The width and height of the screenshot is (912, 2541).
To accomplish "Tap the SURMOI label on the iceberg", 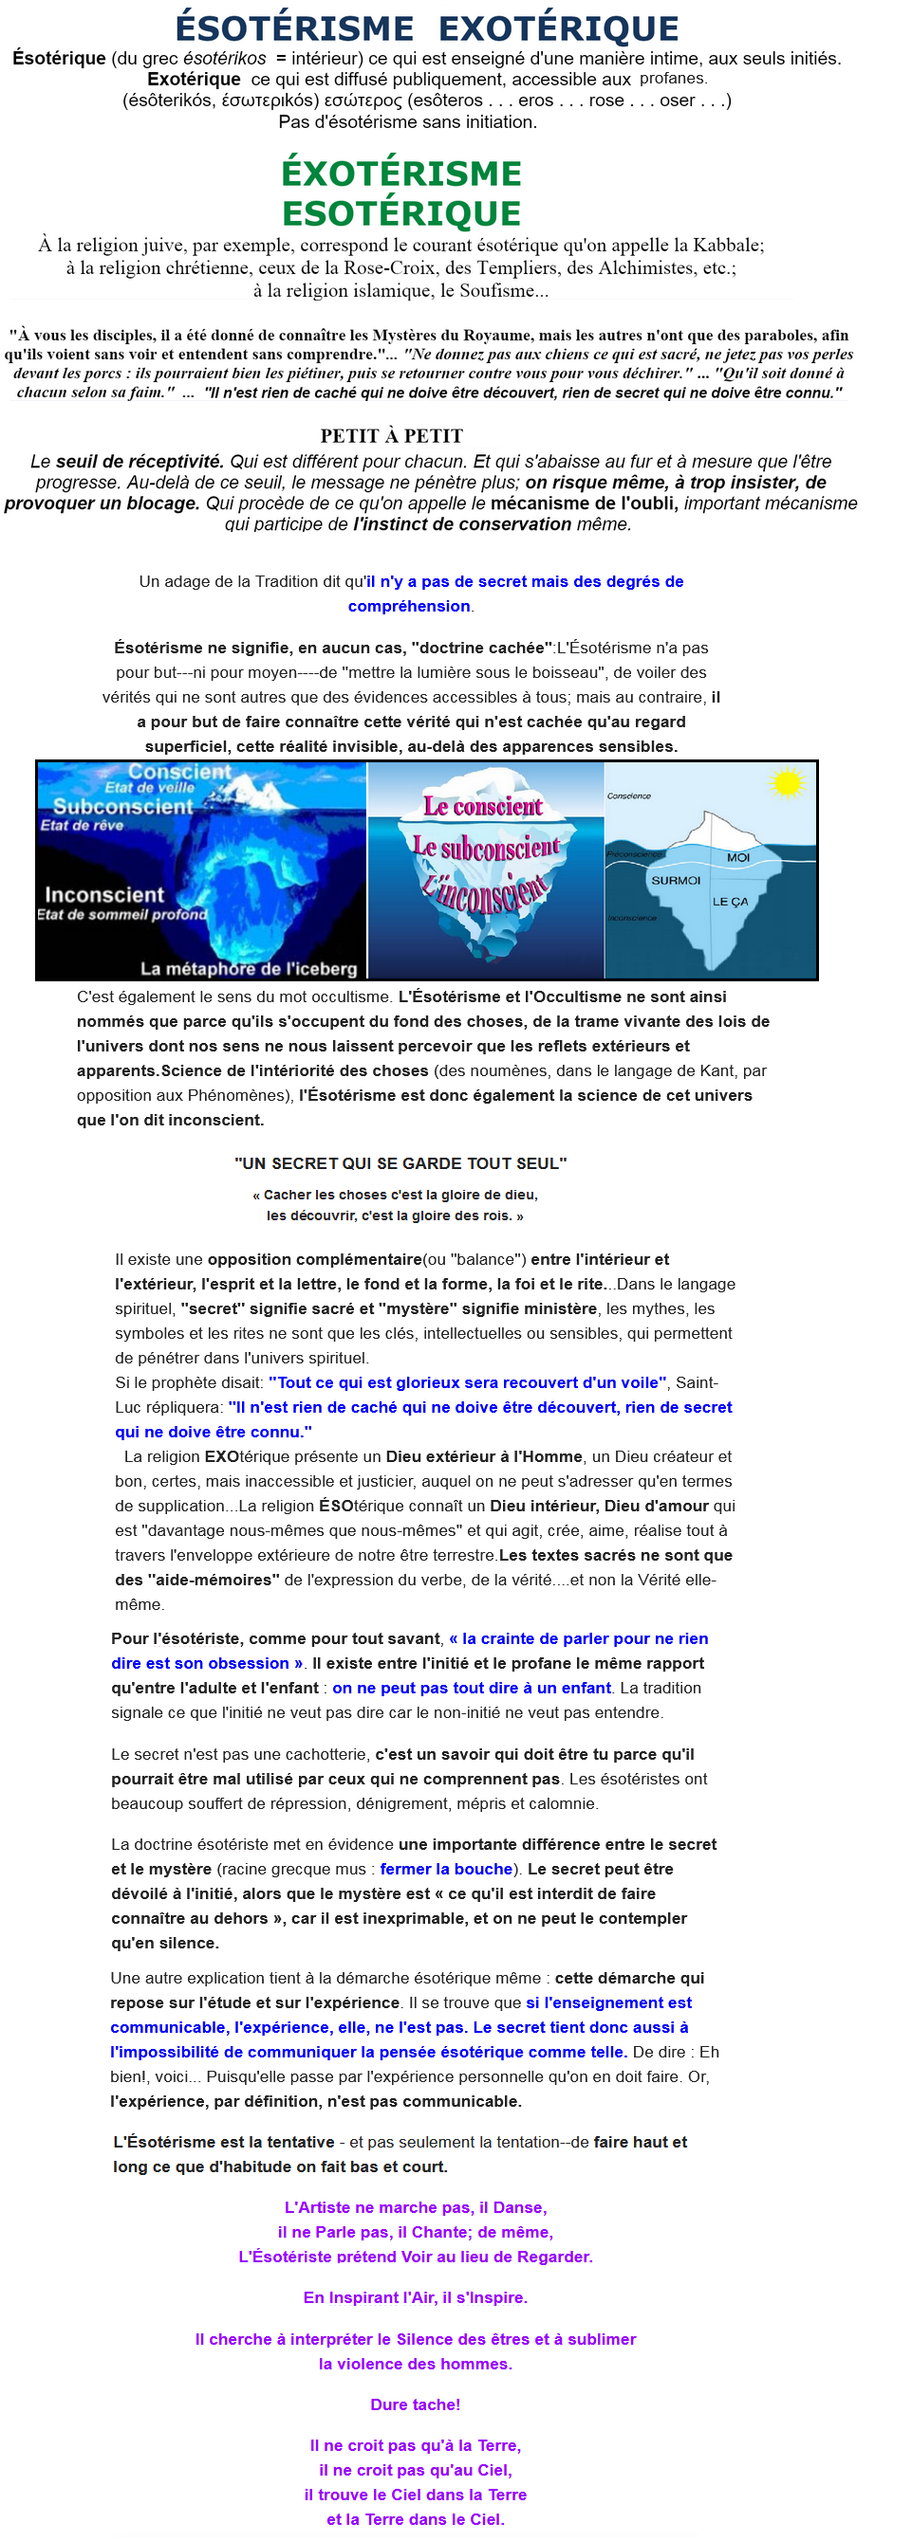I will click(675, 880).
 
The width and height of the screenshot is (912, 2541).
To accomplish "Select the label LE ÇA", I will click(731, 902).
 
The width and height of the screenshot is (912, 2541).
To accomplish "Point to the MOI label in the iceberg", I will click(738, 857).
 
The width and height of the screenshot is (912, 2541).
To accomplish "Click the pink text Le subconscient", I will click(487, 848).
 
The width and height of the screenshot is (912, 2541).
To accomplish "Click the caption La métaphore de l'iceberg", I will click(249, 969).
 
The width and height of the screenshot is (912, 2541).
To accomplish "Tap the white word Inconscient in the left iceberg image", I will click(104, 895).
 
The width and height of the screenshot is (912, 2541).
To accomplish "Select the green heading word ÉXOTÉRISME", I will click(400, 174).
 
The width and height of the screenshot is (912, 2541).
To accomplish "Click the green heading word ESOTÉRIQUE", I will click(400, 213).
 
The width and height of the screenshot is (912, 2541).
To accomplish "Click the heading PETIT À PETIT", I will click(392, 436).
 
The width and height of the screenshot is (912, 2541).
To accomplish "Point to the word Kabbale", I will click(726, 246).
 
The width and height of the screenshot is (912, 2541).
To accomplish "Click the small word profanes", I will click(672, 79).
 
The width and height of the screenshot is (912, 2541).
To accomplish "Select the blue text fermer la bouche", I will click(446, 1868).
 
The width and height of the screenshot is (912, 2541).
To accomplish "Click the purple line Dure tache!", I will click(416, 2404).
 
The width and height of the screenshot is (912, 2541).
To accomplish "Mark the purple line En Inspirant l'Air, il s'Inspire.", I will click(416, 2297).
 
